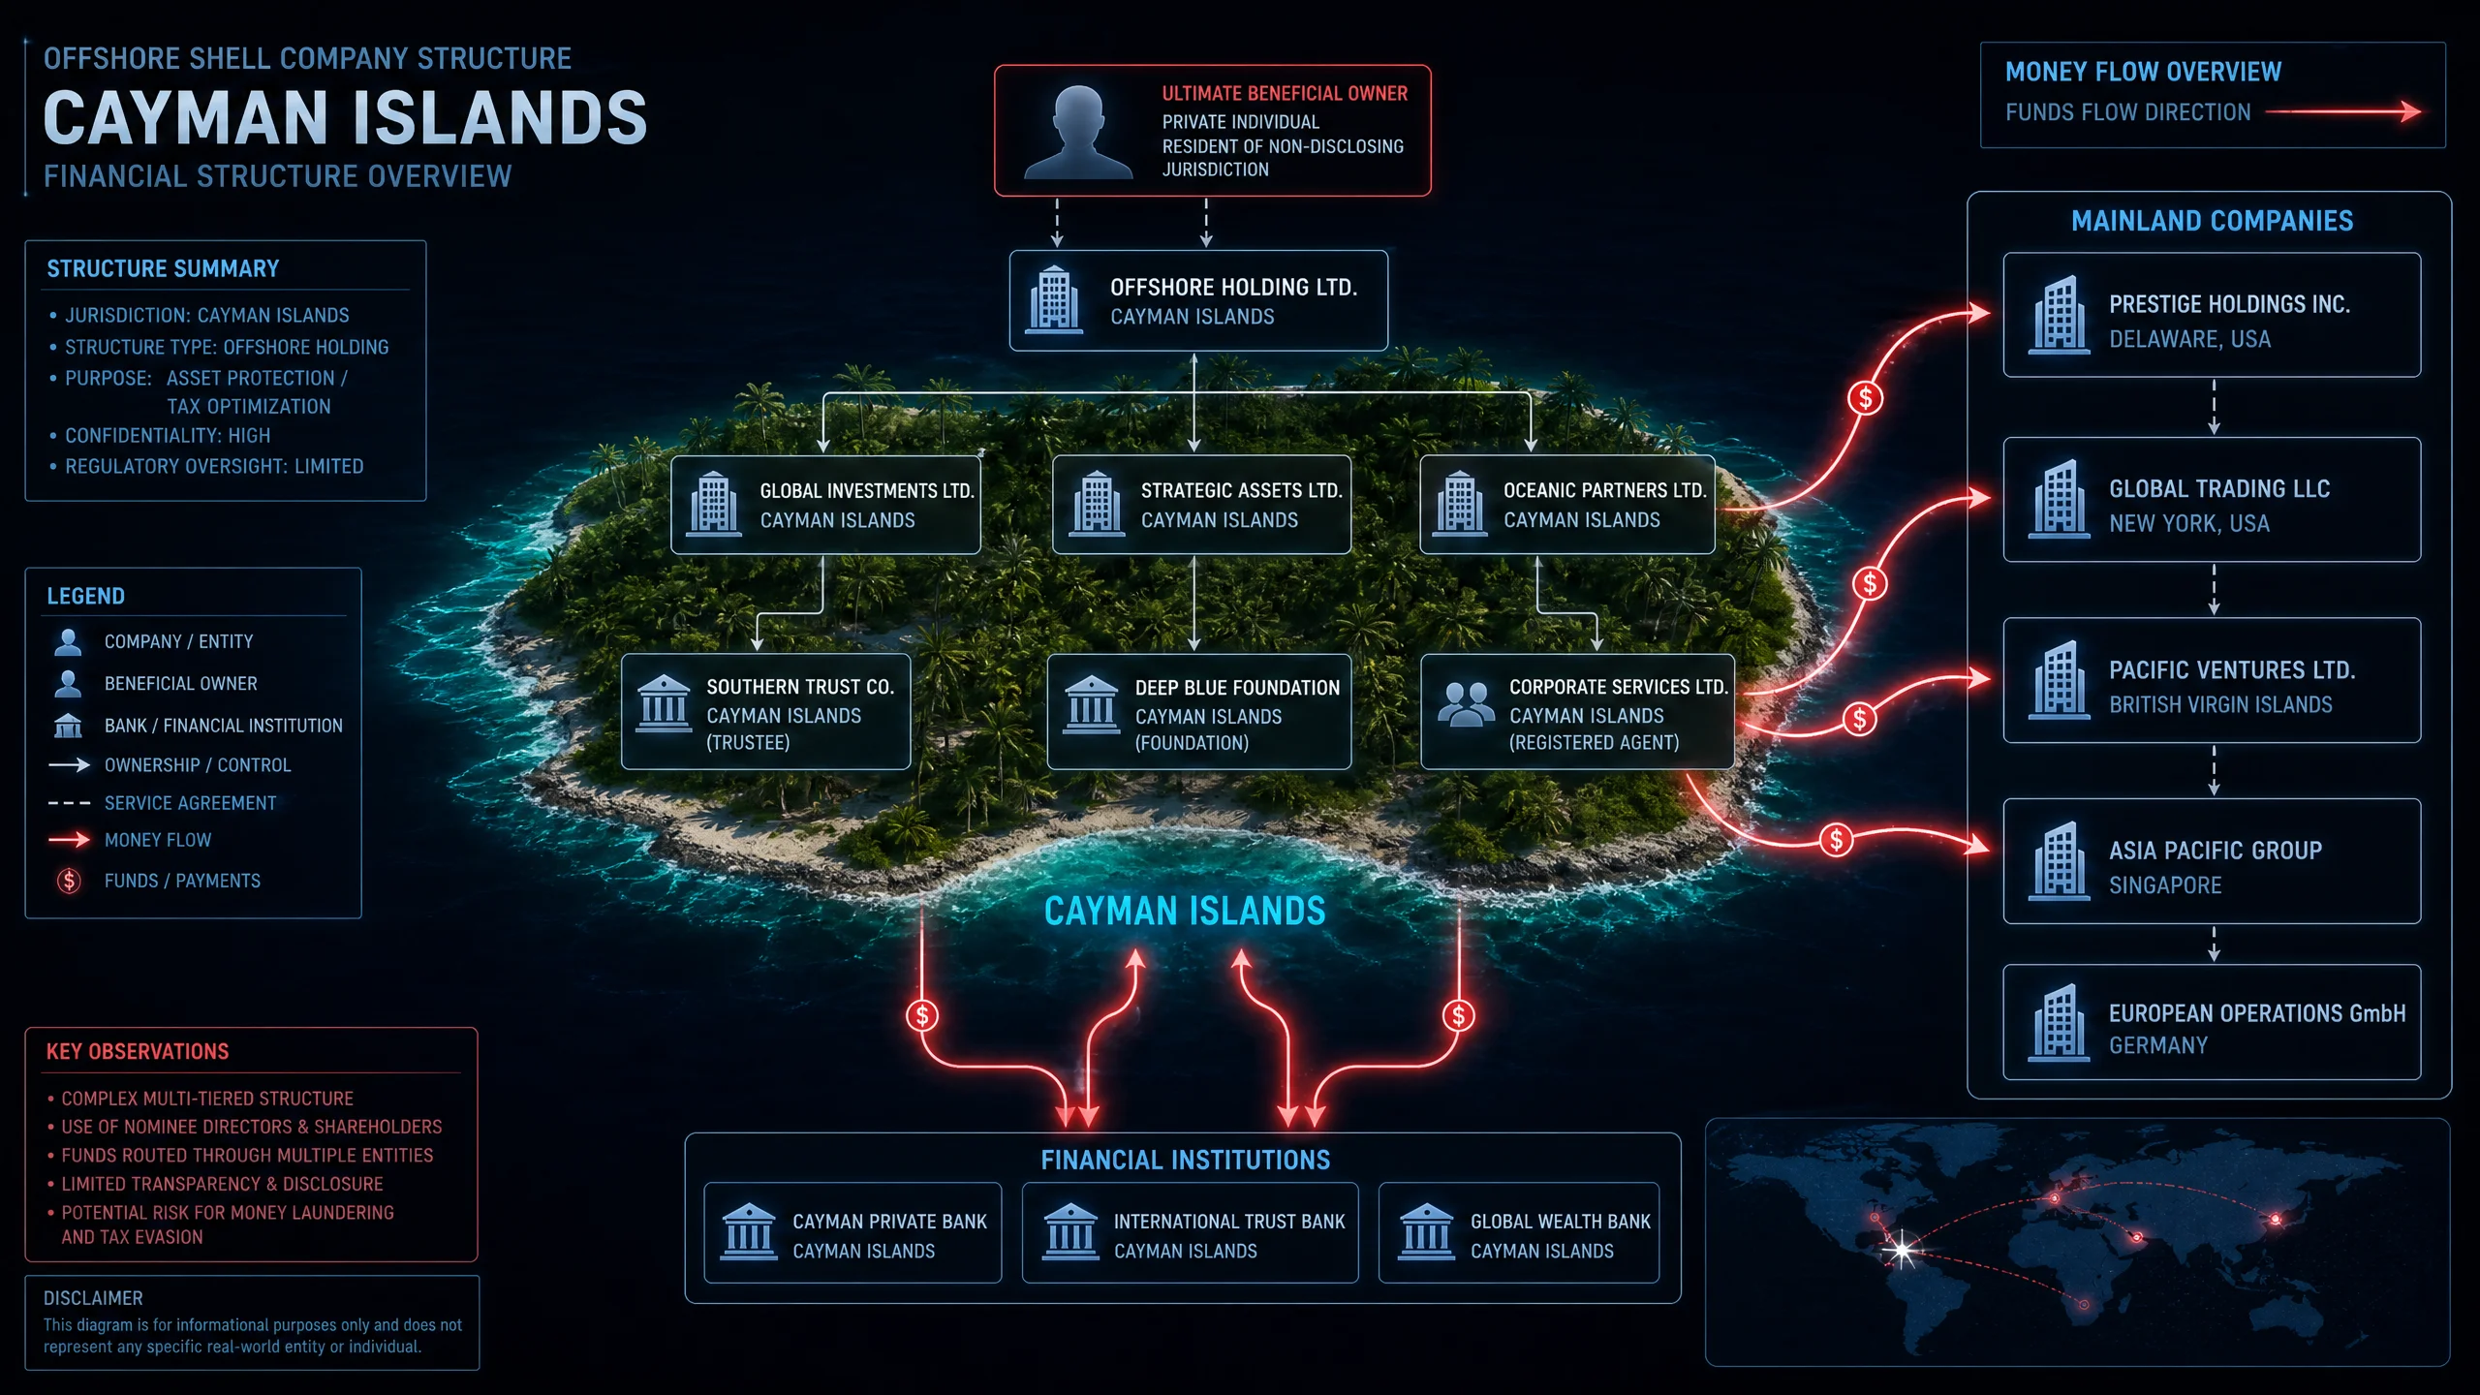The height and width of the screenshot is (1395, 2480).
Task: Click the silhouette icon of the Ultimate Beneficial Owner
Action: tap(1077, 134)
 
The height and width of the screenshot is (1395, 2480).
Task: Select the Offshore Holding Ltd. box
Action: tap(1198, 300)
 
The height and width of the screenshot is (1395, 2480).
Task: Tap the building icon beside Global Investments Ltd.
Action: tap(714, 504)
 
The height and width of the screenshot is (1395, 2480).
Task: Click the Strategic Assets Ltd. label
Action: tap(1241, 491)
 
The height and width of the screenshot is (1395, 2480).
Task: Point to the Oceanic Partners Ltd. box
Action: tap(1567, 505)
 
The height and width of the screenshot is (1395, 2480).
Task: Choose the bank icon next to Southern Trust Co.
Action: tap(664, 704)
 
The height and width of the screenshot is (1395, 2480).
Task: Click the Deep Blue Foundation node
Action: tap(1199, 712)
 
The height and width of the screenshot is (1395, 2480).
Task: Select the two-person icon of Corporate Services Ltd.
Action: tap(1466, 704)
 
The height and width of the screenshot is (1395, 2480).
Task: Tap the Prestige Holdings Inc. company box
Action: tap(2212, 315)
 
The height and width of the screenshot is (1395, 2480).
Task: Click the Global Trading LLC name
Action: tap(2219, 489)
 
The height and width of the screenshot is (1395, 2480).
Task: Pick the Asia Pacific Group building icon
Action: tap(2059, 861)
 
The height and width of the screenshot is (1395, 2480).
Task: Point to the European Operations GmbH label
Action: tap(2257, 1013)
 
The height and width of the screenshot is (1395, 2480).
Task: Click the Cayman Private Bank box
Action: tap(852, 1233)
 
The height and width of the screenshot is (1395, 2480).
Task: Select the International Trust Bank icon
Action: tap(1070, 1232)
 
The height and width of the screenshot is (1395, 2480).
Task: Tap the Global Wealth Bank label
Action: tap(1561, 1222)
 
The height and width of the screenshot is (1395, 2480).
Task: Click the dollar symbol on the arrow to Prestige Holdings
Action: tap(1865, 398)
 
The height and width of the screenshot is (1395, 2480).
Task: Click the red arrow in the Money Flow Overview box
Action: tap(2343, 112)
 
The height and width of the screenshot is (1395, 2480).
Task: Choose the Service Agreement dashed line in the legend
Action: tap(69, 803)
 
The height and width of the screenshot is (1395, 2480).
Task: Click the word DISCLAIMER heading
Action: tap(93, 1298)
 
